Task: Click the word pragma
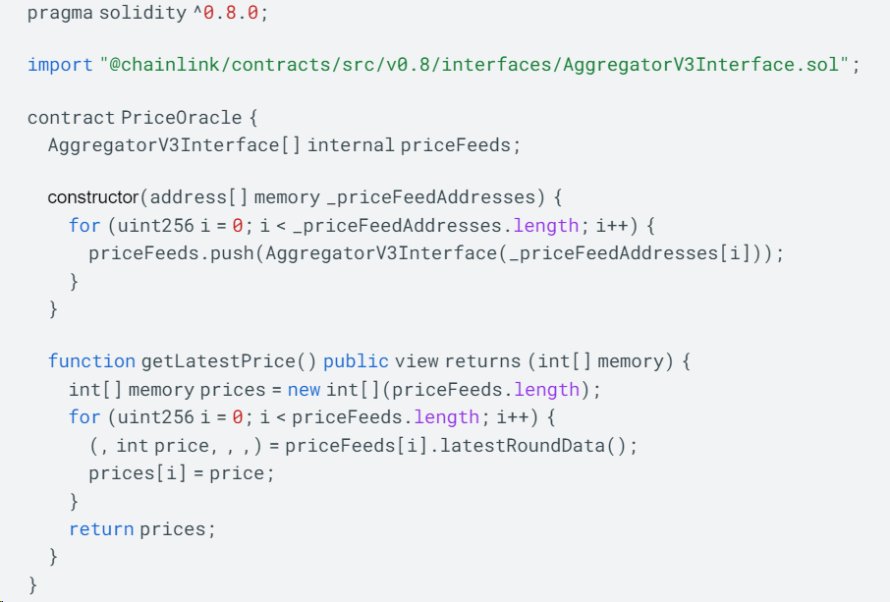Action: point(60,13)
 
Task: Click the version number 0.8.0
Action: point(231,13)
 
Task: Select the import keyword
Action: point(60,65)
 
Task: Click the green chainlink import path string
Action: point(474,65)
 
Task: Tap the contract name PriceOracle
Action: point(182,118)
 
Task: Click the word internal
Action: point(351,145)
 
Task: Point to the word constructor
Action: point(93,197)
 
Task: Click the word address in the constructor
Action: point(189,197)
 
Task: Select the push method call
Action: point(232,253)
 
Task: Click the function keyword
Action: point(92,361)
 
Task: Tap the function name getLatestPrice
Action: point(218,361)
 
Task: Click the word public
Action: point(356,361)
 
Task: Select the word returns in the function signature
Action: point(483,361)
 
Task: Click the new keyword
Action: point(305,390)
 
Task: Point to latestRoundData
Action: point(523,446)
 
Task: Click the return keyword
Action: point(101,529)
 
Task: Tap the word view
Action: point(417,361)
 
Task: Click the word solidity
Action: point(143,13)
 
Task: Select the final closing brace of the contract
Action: point(33,584)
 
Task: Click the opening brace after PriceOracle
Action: point(253,118)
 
